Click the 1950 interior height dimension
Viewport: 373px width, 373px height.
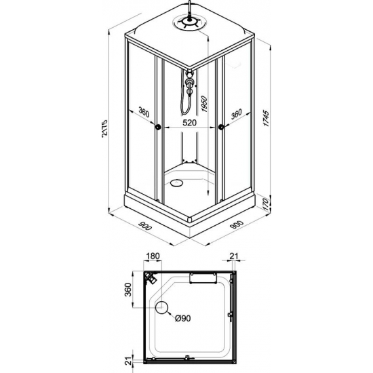pyautogui.click(x=203, y=106)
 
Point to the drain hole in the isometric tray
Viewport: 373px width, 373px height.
pyautogui.click(x=178, y=181)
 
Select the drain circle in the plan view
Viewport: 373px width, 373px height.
pyautogui.click(x=162, y=309)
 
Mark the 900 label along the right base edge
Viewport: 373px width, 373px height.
pyautogui.click(x=235, y=227)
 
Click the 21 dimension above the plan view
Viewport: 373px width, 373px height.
pyautogui.click(x=234, y=256)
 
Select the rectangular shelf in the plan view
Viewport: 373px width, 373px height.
pyautogui.click(x=202, y=275)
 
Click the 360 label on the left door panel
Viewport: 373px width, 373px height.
pyautogui.click(x=142, y=113)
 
